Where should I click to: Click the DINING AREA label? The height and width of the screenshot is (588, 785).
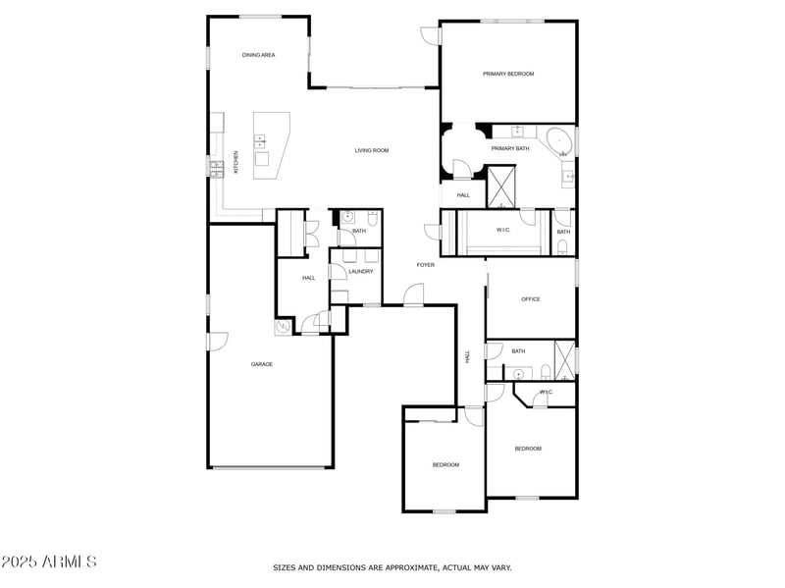pos(258,55)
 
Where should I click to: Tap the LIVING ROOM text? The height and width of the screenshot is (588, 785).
pos(372,150)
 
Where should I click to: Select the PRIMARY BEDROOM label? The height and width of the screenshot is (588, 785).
pos(508,74)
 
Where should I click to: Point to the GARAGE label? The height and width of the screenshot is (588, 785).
pos(262,364)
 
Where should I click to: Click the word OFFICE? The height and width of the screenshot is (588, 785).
pos(531,299)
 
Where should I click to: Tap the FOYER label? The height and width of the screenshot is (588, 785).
pos(425,265)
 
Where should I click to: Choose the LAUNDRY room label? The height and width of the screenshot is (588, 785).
pos(360,271)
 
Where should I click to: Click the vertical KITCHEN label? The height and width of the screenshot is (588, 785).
pos(235,163)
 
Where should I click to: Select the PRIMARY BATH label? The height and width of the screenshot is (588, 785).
pos(510,148)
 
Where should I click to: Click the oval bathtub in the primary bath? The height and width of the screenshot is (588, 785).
pos(560,141)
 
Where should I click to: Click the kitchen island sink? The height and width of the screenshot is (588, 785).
pos(261,142)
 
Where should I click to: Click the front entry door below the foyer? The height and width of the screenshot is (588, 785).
pos(413,295)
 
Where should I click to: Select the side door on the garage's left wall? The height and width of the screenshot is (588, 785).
pos(216,342)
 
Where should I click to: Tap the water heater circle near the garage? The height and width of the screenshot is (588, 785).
pos(283,329)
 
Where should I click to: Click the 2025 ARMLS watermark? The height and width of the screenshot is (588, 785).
pos(49,562)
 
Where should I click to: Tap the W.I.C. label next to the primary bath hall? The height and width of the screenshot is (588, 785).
pos(503,231)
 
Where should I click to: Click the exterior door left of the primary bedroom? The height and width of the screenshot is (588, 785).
pos(430,35)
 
